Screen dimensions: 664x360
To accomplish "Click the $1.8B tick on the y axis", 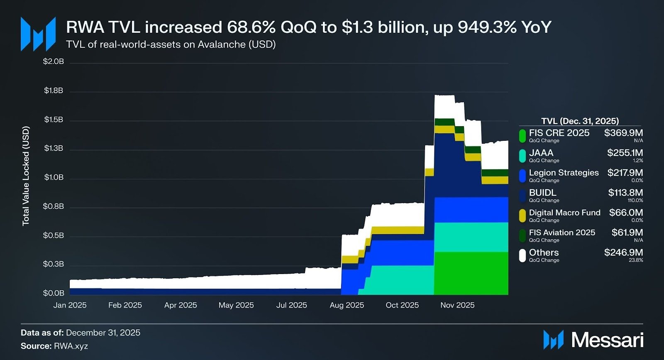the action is [x=54, y=91].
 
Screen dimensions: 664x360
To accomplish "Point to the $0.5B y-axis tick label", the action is [x=54, y=235].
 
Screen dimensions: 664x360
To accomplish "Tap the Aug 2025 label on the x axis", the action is [x=347, y=305].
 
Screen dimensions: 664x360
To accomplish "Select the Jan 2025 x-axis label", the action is [x=70, y=305].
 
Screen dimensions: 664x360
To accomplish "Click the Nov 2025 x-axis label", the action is [x=457, y=305].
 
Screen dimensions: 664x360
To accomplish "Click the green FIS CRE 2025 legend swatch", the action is [x=522, y=135].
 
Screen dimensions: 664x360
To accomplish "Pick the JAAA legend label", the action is [x=541, y=153].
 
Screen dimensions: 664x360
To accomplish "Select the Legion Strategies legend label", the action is [x=564, y=173].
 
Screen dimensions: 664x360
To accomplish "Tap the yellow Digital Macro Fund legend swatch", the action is [x=522, y=215].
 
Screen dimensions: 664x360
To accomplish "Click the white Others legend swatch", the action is [x=522, y=255].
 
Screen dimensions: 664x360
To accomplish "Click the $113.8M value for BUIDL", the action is [x=626, y=193].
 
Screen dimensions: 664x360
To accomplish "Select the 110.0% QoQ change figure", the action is [x=635, y=201].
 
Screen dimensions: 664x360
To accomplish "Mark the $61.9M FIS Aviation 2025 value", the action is [x=627, y=233].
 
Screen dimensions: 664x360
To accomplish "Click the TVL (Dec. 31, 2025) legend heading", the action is [x=580, y=121].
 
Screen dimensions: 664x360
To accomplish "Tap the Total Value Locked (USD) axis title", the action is [x=26, y=176].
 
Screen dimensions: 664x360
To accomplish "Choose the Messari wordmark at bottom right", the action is [x=608, y=340].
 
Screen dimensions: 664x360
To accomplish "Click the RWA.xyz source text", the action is [x=71, y=346].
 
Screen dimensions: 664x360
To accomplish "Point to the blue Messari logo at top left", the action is [x=38, y=34].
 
